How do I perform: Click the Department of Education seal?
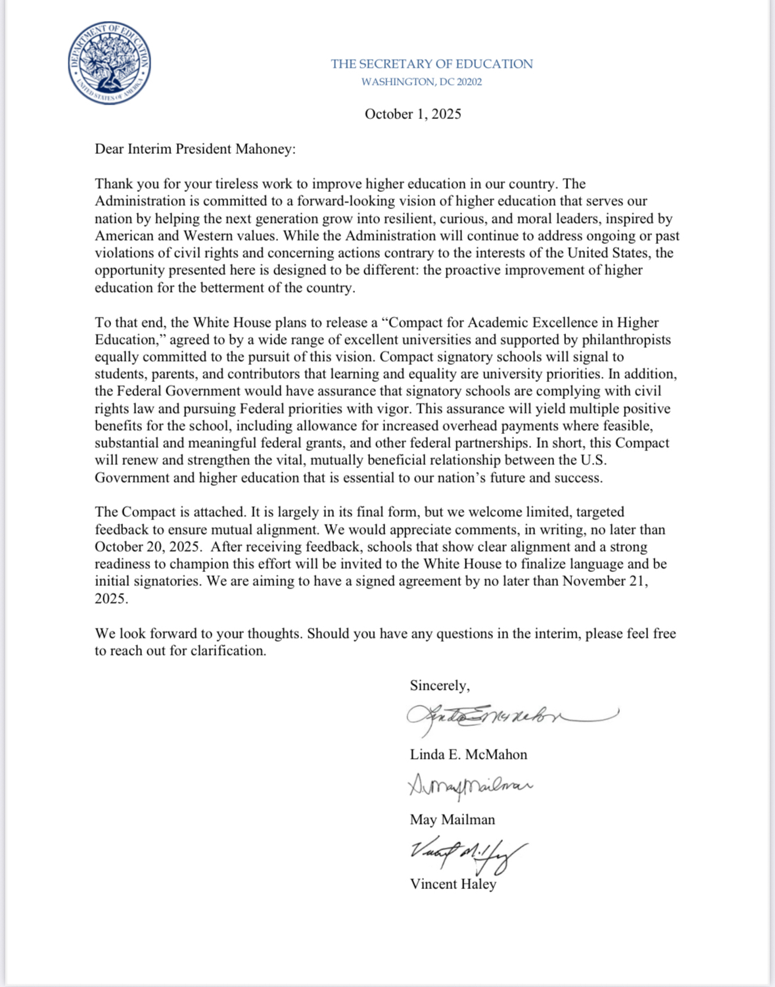click(109, 63)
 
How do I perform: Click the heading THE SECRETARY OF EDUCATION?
click(432, 64)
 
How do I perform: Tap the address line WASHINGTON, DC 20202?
click(421, 82)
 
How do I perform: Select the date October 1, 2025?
click(413, 114)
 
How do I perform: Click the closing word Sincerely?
click(439, 686)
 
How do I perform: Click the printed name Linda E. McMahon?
click(468, 754)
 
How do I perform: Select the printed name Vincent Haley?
click(453, 884)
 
